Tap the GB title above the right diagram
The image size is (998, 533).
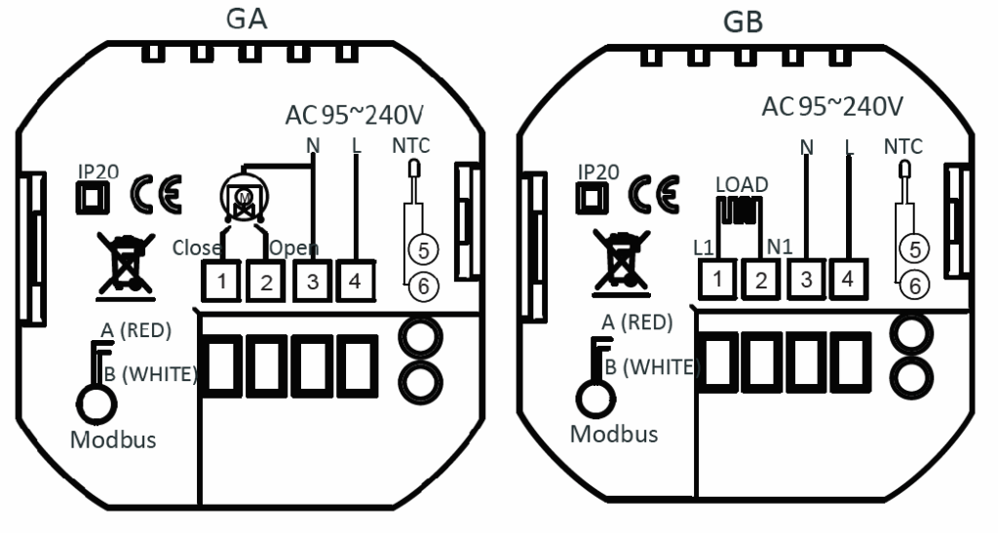click(x=744, y=22)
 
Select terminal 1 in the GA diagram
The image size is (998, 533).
click(x=221, y=281)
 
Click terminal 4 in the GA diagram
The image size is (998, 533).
click(x=355, y=281)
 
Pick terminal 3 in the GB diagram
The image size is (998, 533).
click(x=806, y=279)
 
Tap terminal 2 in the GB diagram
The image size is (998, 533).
click(x=761, y=279)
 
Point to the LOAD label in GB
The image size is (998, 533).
click(x=742, y=184)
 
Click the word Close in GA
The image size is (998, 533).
click(x=197, y=247)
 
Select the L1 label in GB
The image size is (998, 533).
click(x=704, y=247)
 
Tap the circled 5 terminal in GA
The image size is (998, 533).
click(x=423, y=250)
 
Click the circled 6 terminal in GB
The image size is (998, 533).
click(x=914, y=285)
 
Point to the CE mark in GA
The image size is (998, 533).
click(x=156, y=194)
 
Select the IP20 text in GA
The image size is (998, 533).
click(x=98, y=171)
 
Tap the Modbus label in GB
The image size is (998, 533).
click(x=614, y=434)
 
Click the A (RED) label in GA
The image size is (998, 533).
click(x=136, y=329)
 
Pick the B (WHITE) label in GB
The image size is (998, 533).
click(x=652, y=367)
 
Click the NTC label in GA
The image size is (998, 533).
click(x=410, y=145)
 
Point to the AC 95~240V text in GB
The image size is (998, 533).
click(x=832, y=107)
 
